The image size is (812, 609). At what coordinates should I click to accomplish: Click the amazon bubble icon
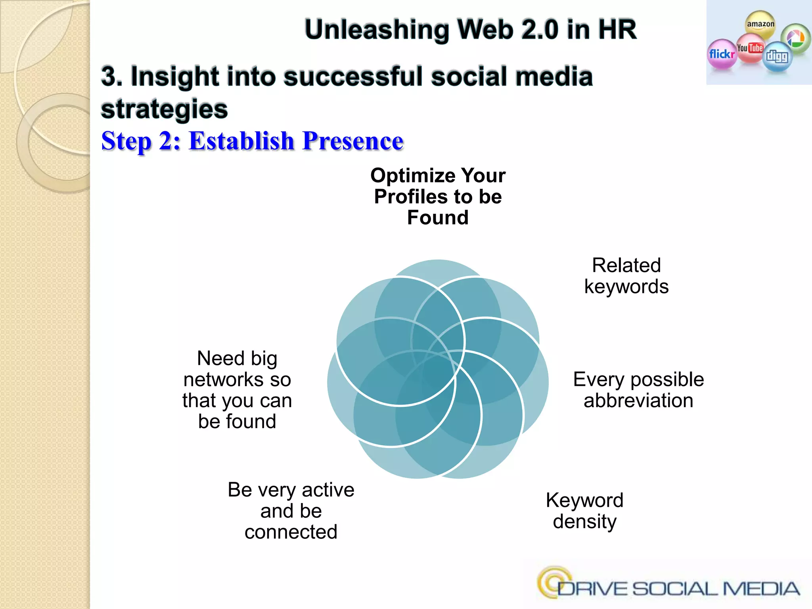(x=760, y=24)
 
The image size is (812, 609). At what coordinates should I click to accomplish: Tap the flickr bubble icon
(x=722, y=54)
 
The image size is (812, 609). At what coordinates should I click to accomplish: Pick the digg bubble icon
(x=777, y=57)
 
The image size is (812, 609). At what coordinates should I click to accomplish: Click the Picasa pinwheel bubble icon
(x=795, y=38)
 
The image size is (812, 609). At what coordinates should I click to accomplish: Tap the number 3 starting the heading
(x=109, y=76)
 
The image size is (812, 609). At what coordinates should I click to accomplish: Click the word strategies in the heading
(x=165, y=109)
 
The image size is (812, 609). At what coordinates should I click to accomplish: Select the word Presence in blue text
(x=352, y=141)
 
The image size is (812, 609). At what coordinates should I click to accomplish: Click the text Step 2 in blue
(x=141, y=141)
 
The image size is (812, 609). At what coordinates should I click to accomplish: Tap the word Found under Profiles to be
(x=438, y=218)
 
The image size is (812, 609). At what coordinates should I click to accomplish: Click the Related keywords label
(x=626, y=276)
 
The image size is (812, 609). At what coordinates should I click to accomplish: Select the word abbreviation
(x=638, y=400)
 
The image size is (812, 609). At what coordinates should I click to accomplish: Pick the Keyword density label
(x=584, y=511)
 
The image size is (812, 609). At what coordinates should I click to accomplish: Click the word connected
(x=291, y=532)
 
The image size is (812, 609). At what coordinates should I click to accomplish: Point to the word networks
(x=224, y=380)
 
